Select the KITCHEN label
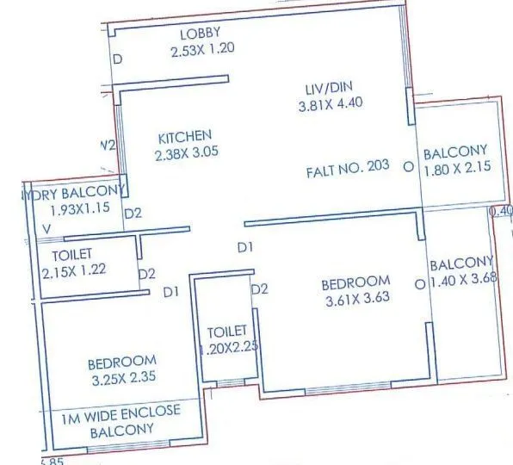click(x=183, y=136)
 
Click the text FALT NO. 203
click(x=347, y=167)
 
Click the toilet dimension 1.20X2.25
click(x=226, y=349)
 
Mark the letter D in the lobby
click(x=119, y=59)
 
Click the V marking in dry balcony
click(x=47, y=229)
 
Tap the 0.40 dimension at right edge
click(x=500, y=210)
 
